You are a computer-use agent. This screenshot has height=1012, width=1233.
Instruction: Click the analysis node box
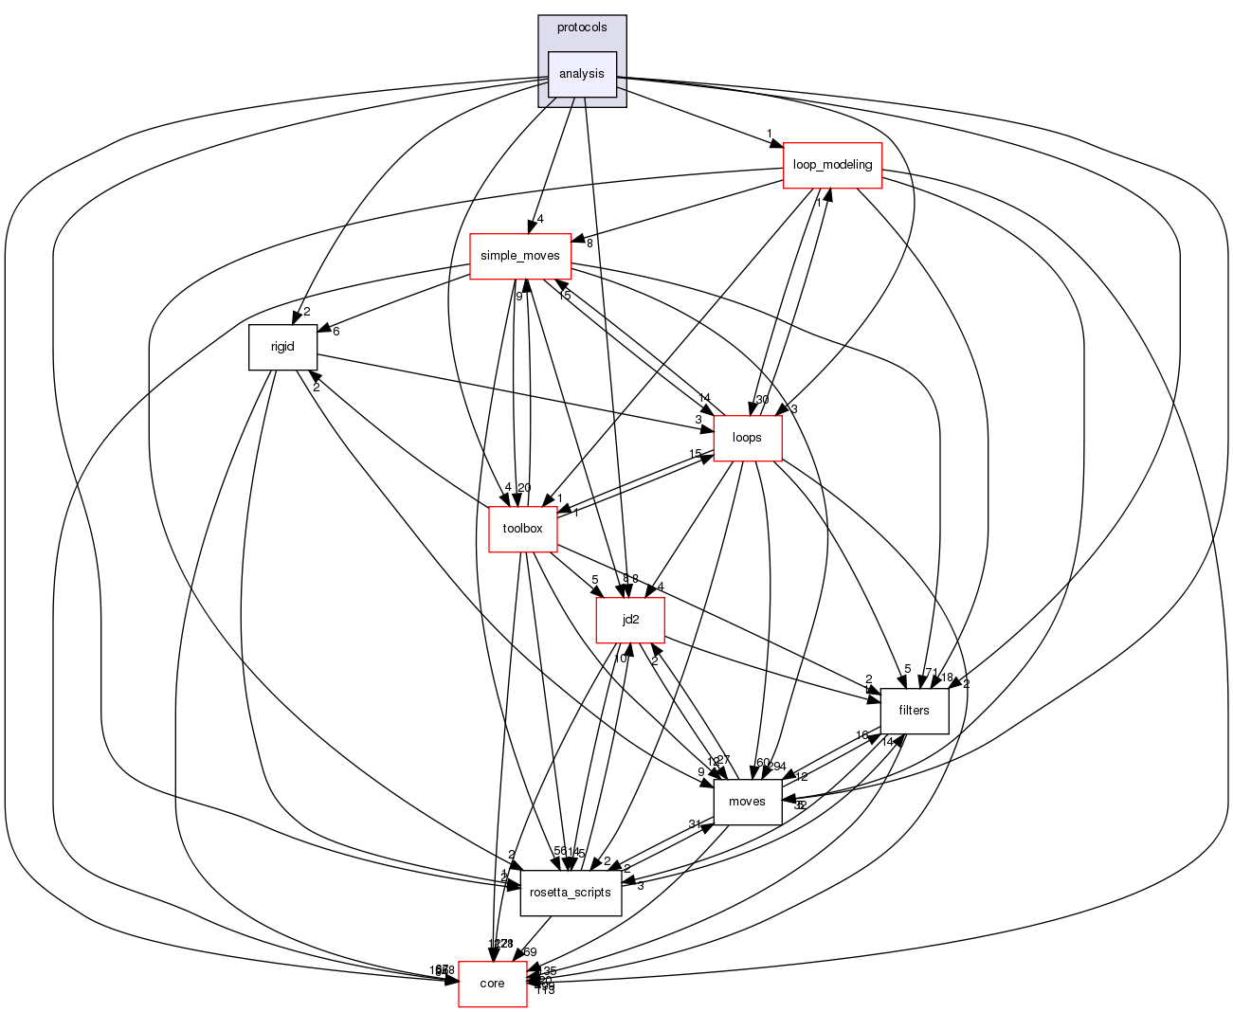pyautogui.click(x=582, y=74)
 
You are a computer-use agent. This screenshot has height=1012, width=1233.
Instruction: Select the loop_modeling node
pyautogui.click(x=832, y=165)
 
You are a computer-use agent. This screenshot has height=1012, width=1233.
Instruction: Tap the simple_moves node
pyautogui.click(x=520, y=256)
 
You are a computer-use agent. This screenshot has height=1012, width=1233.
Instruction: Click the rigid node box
pyautogui.click(x=282, y=347)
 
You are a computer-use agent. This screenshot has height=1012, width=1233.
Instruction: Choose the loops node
pyautogui.click(x=748, y=438)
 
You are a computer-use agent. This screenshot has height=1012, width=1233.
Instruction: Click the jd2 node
pyautogui.click(x=629, y=621)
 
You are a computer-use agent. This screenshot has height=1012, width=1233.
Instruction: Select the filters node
pyautogui.click(x=915, y=711)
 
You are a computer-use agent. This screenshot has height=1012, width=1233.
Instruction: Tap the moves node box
pyautogui.click(x=747, y=802)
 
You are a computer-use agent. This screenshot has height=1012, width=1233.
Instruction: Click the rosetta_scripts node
pyautogui.click(x=571, y=893)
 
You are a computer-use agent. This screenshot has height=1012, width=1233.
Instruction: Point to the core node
pyautogui.click(x=492, y=984)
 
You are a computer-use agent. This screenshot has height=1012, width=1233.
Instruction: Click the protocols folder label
pyautogui.click(x=582, y=27)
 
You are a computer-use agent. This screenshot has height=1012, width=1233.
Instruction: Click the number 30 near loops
pyautogui.click(x=762, y=399)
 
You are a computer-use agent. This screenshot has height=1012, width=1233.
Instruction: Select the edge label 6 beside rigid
pyautogui.click(x=335, y=331)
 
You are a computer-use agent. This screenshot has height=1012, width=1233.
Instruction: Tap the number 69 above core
pyautogui.click(x=530, y=952)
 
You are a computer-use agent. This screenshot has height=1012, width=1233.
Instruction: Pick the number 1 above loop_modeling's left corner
pyautogui.click(x=770, y=133)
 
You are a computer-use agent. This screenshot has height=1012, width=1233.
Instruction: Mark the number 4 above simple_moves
pyautogui.click(x=540, y=220)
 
